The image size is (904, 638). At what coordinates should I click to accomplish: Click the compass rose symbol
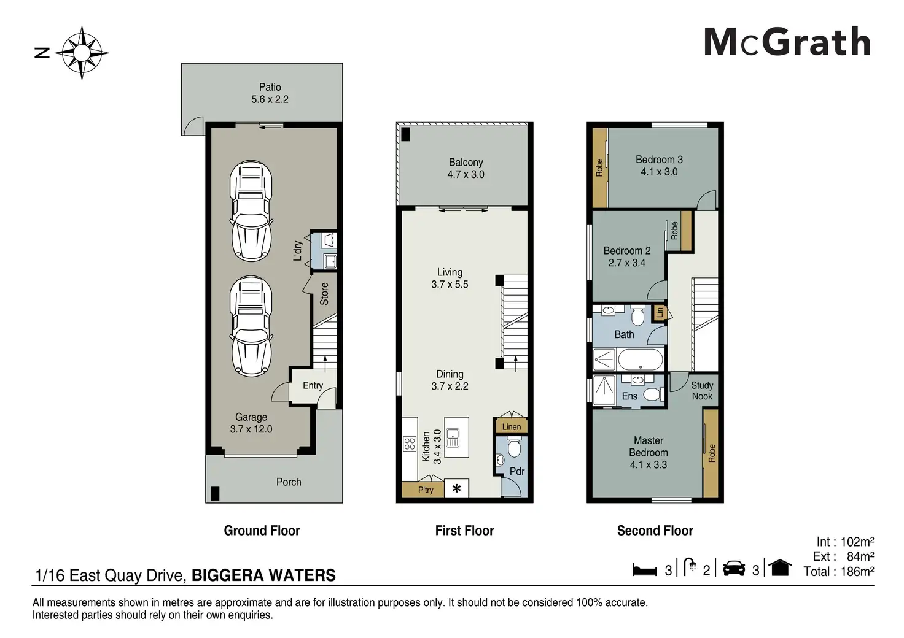point(82,53)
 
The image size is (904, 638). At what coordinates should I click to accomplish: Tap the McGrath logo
point(787,42)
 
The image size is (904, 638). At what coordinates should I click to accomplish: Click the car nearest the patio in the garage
point(251,211)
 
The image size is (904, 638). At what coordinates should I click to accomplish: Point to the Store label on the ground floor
point(324,293)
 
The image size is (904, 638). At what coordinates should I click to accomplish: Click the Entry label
point(313,386)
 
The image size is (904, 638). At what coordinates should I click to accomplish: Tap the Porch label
point(289,482)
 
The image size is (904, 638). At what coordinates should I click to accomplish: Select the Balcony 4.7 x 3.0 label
point(466,169)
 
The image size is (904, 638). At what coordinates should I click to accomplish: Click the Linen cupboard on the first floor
point(512,426)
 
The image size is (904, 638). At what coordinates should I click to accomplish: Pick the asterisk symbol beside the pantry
point(456,489)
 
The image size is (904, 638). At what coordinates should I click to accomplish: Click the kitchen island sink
point(453,438)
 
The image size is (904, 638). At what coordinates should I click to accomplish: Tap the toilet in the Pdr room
point(514,448)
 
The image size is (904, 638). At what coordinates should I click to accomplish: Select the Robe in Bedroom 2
point(687,231)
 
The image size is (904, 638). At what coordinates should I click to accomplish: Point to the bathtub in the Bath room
point(641,359)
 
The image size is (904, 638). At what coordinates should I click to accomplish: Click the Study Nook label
point(702,391)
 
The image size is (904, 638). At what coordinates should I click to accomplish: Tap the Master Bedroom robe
point(711,453)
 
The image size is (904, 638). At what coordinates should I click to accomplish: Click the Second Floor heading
point(655,531)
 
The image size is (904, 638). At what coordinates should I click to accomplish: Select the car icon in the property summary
point(734,568)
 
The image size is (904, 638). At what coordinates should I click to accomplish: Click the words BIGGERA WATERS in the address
point(263,575)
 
